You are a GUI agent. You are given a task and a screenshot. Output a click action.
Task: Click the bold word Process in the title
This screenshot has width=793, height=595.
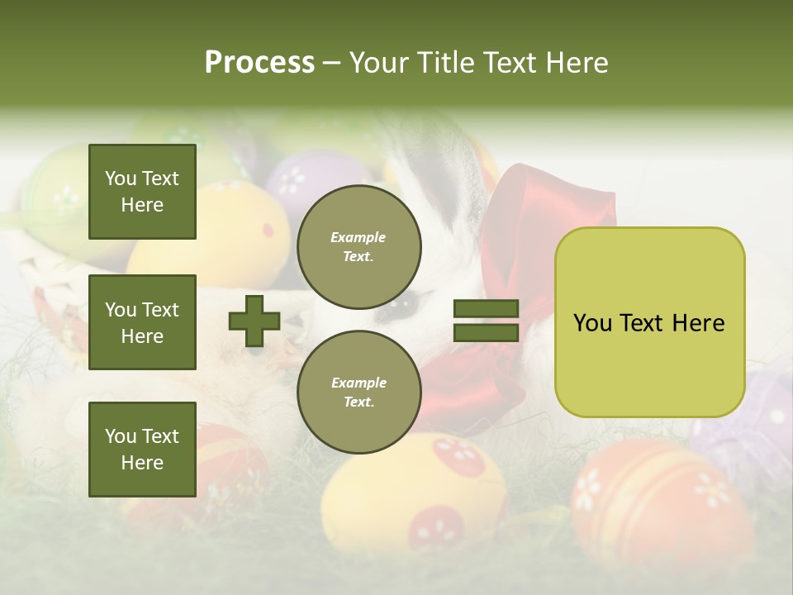point(259,63)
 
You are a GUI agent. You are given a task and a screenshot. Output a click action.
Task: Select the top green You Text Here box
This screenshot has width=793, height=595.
point(142,192)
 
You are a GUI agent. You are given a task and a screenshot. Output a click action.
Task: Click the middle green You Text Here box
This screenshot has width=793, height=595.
point(142,322)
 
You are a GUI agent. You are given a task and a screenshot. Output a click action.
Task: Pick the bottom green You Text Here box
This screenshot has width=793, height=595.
point(142,449)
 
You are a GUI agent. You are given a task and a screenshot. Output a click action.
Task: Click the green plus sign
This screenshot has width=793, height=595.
point(254,321)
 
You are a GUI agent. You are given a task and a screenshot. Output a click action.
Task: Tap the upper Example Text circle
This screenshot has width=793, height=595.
point(359,247)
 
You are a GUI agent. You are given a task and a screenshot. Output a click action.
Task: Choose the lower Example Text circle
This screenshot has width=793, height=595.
point(359,393)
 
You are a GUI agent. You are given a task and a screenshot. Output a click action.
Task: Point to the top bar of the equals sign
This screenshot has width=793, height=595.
point(486,309)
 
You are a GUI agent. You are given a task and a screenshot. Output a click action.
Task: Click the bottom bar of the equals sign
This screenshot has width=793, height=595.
point(486,332)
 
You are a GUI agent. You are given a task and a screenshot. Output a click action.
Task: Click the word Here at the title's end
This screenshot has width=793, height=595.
point(576,63)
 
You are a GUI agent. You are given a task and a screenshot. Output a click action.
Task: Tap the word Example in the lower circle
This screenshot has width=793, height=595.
point(359,383)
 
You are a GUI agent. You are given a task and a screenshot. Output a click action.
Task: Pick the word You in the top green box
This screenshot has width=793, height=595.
point(121,178)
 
